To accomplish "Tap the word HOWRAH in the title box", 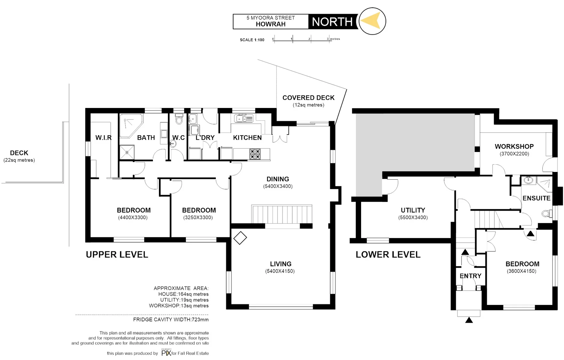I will pyautogui.click(x=271, y=24).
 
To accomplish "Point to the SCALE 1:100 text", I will pyautogui.click(x=252, y=40).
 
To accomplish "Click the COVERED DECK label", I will pyautogui.click(x=308, y=98).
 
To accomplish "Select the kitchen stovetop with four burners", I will pyautogui.click(x=255, y=154).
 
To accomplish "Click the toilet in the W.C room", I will pyautogui.click(x=179, y=119).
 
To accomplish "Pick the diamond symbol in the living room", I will pyautogui.click(x=240, y=238).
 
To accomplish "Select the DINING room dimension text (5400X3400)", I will pyautogui.click(x=278, y=186).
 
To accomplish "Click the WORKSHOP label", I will pyautogui.click(x=514, y=146).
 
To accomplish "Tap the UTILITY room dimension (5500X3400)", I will pyautogui.click(x=413, y=218).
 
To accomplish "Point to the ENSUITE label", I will pyautogui.click(x=536, y=198).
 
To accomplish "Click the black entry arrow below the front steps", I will pyautogui.click(x=469, y=320).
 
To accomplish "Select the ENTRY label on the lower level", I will pyautogui.click(x=470, y=276).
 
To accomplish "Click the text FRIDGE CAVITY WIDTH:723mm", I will pyautogui.click(x=171, y=319).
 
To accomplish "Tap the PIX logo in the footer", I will pyautogui.click(x=166, y=353).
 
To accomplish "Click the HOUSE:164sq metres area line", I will pyautogui.click(x=183, y=294).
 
